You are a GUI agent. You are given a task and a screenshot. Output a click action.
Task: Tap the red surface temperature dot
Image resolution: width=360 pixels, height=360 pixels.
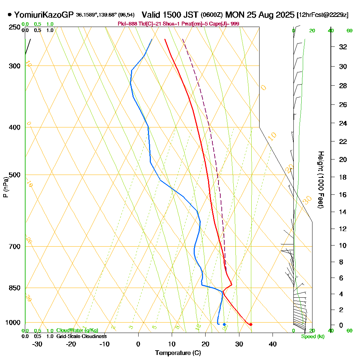pyautogui.click(x=251, y=324)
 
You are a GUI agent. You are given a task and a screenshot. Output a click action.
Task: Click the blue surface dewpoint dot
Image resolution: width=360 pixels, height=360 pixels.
pyautogui.click(x=224, y=324)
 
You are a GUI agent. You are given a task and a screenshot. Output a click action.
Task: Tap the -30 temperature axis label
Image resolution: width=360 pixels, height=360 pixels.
pyautogui.click(x=37, y=344)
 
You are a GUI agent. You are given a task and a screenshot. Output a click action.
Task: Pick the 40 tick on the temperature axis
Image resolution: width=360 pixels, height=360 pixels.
pyautogui.click(x=273, y=344)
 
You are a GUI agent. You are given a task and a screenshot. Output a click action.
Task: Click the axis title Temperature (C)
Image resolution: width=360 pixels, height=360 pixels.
pyautogui.click(x=178, y=353)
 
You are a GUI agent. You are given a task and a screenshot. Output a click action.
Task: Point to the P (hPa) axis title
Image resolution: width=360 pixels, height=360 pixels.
pyautogui.click(x=5, y=187)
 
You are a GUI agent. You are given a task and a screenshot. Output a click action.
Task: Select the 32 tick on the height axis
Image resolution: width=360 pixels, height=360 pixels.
pyautogui.click(x=343, y=46)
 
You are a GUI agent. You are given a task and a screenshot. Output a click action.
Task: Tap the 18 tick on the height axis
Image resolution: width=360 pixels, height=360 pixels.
pyautogui.click(x=343, y=177)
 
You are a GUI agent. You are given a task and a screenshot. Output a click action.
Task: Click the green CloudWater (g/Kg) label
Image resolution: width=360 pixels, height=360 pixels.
pyautogui.click(x=77, y=330)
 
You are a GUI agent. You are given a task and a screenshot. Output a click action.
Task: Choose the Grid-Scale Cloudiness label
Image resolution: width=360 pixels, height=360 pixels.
pyautogui.click(x=81, y=336)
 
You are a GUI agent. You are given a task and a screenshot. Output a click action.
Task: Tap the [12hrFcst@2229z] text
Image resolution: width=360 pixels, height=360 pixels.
pyautogui.click(x=322, y=15)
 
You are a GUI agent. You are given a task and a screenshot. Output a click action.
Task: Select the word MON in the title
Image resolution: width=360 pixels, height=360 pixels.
pyautogui.click(x=234, y=15)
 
